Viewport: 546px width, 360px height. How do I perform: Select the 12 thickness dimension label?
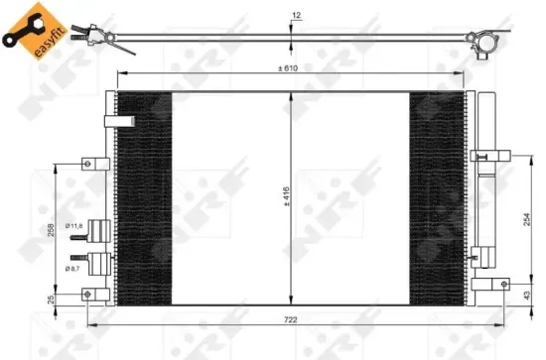click(x=296, y=15)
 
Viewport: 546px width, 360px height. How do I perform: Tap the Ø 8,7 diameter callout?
click(x=73, y=267)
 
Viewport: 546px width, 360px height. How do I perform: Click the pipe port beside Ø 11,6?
click(x=98, y=230)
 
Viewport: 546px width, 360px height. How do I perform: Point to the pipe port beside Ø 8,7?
click(x=99, y=265)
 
